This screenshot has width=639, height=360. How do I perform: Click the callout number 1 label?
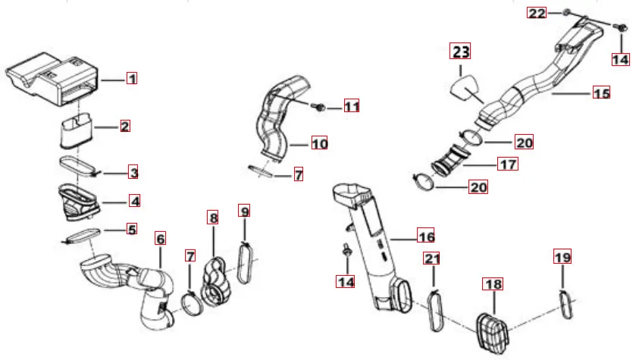coord(132,78)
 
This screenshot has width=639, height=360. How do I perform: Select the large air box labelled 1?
coord(52,80)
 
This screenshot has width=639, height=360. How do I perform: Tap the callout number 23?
coord(460,51)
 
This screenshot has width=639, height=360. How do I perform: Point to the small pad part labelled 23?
coord(465,87)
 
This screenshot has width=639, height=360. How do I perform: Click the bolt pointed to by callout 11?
coord(320,107)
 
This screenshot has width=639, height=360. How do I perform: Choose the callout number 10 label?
coord(320,143)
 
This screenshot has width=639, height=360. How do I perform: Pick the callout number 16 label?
coord(426,236)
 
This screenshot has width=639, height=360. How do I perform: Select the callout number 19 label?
coord(562,257)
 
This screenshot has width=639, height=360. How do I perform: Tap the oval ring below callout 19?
coord(566,304)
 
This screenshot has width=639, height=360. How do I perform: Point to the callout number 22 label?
coord(537,13)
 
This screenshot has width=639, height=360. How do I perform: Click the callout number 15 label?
coord(602,93)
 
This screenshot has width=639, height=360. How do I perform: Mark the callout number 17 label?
coord(508,164)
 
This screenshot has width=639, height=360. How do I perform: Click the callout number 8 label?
coord(213,218)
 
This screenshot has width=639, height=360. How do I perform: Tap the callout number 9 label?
coord(245,211)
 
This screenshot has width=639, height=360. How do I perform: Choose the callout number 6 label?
coord(161,238)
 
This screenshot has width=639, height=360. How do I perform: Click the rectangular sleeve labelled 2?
coord(77,130)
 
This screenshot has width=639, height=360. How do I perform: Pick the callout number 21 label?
coord(432,258)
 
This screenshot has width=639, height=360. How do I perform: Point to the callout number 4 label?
coord(134,200)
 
